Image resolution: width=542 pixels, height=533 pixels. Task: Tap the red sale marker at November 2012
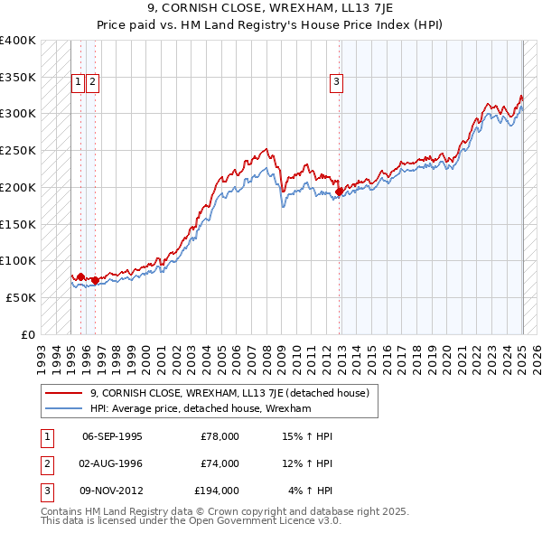tap(339, 192)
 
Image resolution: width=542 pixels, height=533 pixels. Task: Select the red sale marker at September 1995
tap(80, 276)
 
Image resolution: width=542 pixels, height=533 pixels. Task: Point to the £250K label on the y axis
tap(17, 151)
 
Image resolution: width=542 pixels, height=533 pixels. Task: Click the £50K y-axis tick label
tap(20, 297)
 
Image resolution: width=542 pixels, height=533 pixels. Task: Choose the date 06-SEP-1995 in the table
tap(112, 436)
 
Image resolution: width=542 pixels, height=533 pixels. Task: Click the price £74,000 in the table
tap(220, 463)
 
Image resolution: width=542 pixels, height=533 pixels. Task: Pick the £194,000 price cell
tap(217, 491)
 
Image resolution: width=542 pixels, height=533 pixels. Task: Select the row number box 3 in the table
tap(44, 491)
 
